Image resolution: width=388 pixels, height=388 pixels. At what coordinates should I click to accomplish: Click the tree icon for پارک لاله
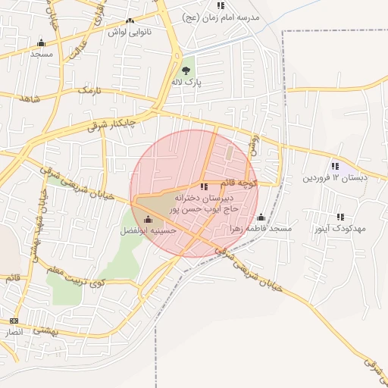186,70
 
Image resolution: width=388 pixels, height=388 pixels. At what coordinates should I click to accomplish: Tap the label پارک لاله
186,82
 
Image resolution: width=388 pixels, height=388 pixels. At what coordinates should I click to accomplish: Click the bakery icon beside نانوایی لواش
130,21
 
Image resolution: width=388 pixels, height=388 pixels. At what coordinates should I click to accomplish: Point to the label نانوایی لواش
130,32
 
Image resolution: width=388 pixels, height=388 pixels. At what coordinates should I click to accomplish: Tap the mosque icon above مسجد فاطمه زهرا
261,217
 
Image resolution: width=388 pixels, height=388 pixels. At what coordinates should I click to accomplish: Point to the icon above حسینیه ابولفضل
147,220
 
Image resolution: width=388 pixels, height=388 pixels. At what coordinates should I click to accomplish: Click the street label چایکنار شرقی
111,124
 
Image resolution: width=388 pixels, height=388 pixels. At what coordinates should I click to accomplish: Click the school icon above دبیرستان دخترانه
203,186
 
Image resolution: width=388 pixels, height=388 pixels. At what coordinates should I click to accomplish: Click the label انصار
22,333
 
